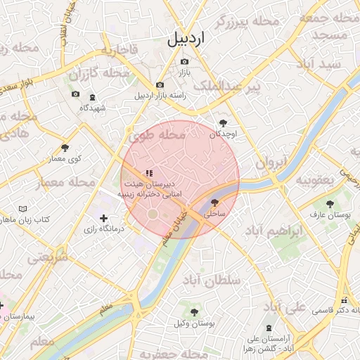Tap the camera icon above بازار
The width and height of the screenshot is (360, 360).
184,61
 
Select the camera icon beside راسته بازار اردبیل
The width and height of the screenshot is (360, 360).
160,85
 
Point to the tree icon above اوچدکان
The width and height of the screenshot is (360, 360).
223,122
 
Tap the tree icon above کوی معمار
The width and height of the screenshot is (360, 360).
65,148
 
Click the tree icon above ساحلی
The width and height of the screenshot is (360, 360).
214,201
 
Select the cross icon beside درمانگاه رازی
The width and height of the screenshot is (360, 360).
104,219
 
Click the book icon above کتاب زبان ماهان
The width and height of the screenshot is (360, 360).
23,209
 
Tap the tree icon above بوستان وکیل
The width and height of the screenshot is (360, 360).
194,311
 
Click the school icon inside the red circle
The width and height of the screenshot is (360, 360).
148,172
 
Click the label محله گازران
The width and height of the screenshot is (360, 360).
104,72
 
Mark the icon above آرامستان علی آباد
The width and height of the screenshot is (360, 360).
268,327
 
